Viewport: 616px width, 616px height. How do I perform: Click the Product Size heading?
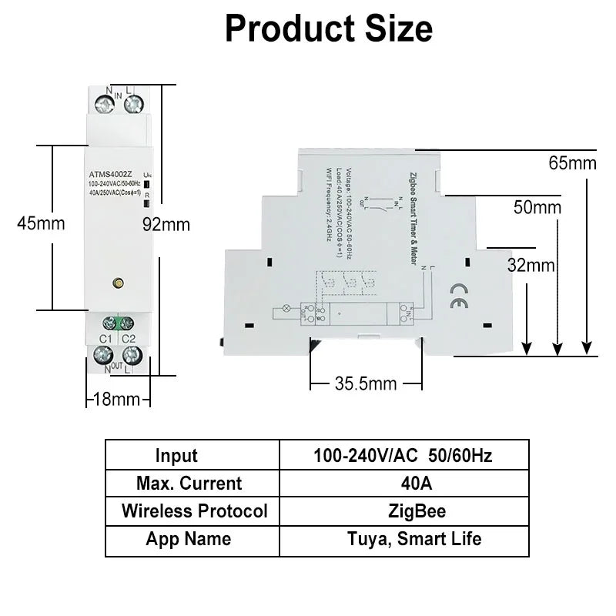coord(329,28)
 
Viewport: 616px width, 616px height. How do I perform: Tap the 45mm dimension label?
coord(41,223)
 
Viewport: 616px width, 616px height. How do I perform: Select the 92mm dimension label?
coord(166,224)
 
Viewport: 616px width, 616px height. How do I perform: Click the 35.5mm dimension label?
coord(366,383)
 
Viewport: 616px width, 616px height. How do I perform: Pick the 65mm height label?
coord(572,162)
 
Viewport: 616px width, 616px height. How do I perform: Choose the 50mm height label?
coord(537,207)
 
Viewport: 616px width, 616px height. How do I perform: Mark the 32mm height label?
coord(531,265)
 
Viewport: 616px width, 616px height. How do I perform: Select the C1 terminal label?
coord(106,338)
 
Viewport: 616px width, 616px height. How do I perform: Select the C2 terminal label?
coord(129,338)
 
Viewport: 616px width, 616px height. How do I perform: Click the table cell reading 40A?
coord(403,483)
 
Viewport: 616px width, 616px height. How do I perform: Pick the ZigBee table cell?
coord(403,511)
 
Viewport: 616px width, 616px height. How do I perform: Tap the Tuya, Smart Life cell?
coord(403,538)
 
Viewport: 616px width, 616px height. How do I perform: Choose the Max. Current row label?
coord(189,483)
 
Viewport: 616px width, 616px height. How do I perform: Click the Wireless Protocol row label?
coord(194,511)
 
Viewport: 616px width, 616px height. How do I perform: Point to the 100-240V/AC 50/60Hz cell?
coord(403,455)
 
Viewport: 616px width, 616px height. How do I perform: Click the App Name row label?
coord(188,538)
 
